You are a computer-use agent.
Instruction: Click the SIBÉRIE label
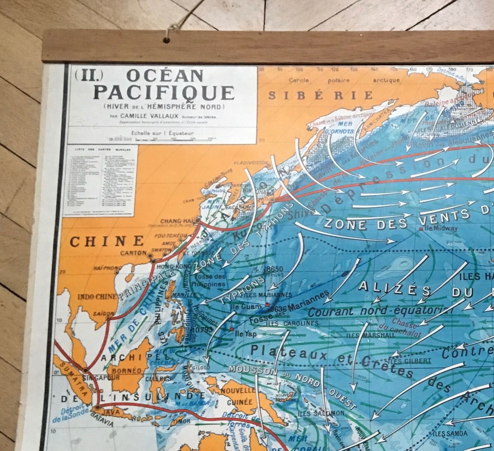pyautogui.click(x=320, y=96)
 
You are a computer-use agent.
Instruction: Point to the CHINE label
pyautogui.click(x=107, y=241)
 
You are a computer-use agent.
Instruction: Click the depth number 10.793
pyautogui.click(x=203, y=330)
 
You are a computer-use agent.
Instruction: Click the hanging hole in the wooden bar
pyautogui.click(x=167, y=40)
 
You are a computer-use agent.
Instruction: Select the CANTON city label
pyautogui.click(x=134, y=253)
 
